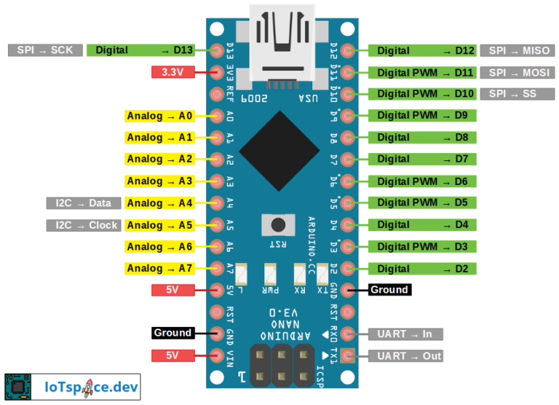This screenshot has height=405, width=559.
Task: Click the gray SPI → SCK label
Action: coord(45,50)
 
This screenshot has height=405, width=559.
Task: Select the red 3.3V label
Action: coord(173,72)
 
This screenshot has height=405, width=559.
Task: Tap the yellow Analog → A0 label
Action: coord(159,116)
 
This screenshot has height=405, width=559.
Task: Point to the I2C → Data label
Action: coord(84,203)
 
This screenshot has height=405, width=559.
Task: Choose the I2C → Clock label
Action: coord(84,225)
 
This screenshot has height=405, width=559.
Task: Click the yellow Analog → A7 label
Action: coord(159,269)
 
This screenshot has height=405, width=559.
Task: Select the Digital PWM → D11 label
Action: coord(423,73)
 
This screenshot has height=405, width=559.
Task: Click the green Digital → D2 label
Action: coord(423,269)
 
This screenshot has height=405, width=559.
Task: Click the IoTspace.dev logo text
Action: coord(87,386)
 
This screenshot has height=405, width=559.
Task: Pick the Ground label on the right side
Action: coord(389,290)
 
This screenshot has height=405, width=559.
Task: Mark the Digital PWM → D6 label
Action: coord(423,181)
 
